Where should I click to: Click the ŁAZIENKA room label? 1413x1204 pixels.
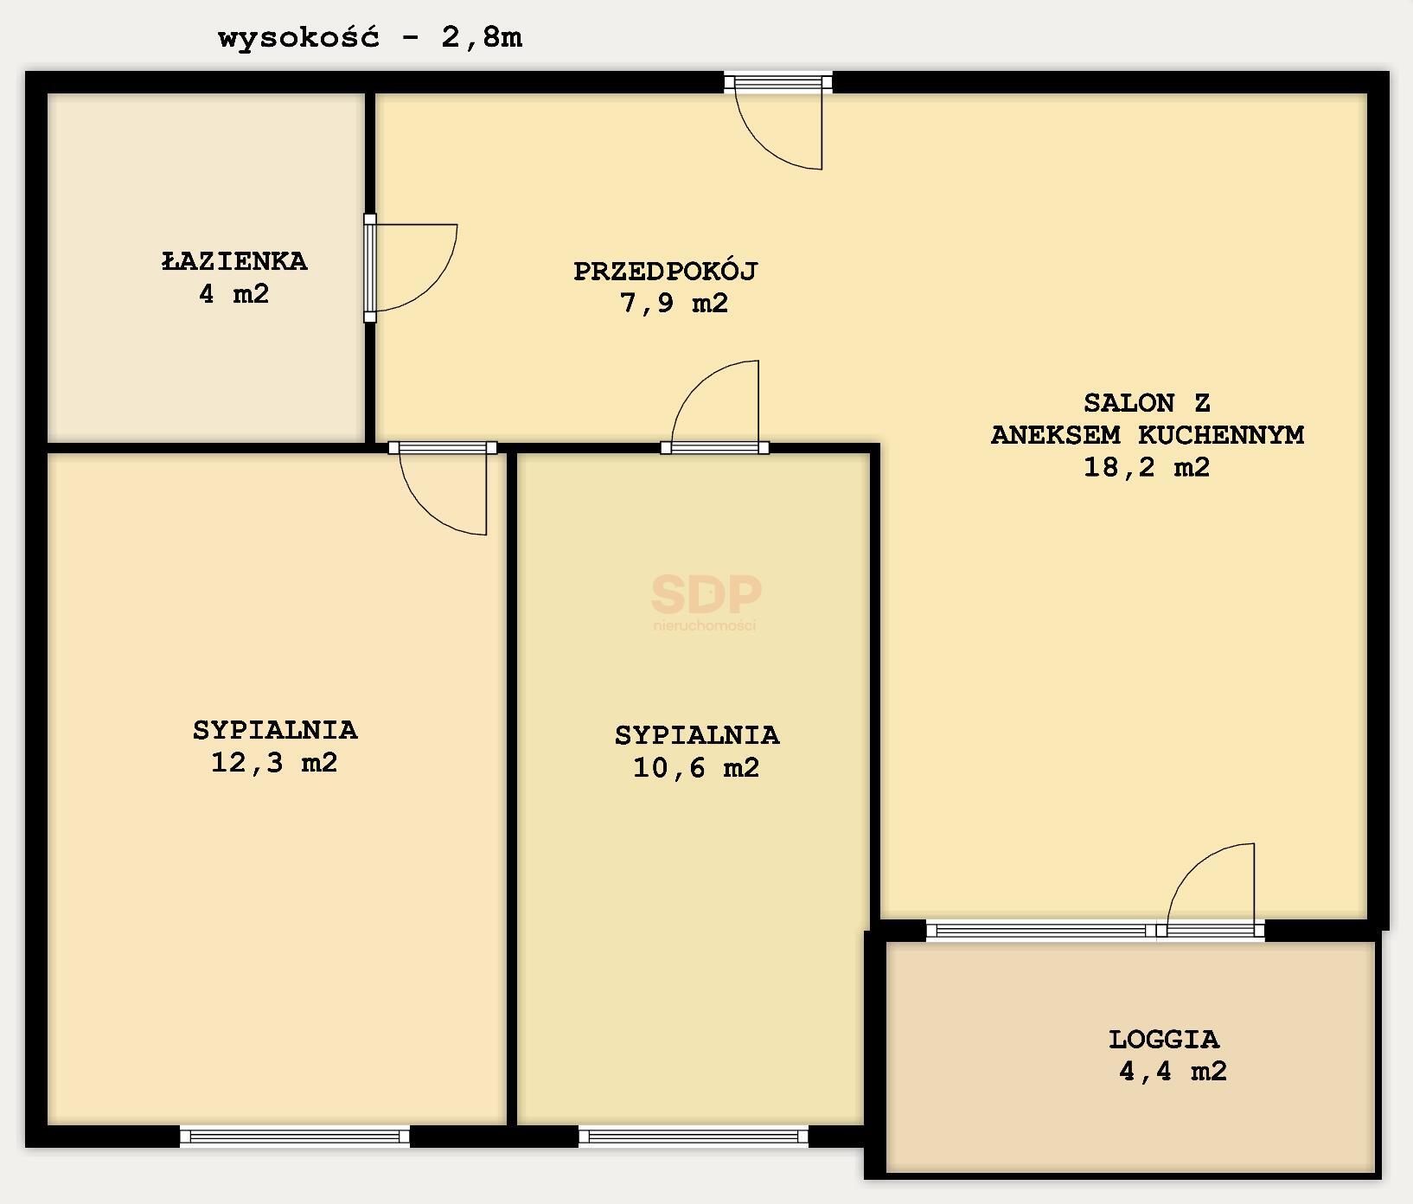point(234,261)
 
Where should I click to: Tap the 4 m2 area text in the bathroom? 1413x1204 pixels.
point(233,294)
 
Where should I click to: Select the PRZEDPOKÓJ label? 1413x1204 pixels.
point(665,272)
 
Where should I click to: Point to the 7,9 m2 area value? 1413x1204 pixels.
point(674,304)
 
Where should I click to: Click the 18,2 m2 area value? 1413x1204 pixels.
point(1147,467)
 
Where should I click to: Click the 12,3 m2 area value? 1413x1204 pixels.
point(274,763)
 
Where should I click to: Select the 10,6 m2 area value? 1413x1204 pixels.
point(696,768)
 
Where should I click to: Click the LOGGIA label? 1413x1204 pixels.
point(1164,1039)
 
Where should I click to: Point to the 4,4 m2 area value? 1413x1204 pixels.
point(1173,1072)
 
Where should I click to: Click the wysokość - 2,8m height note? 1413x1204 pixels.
point(370,38)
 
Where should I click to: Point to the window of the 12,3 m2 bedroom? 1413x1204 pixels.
point(295,1137)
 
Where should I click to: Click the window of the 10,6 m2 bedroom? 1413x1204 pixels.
point(694,1137)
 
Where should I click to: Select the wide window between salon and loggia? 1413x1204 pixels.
point(1041,931)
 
